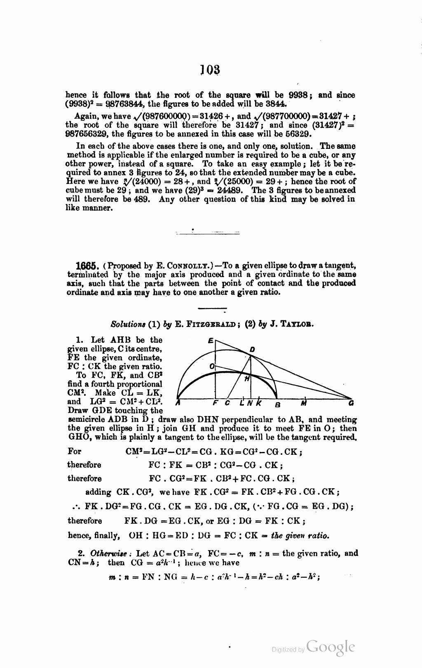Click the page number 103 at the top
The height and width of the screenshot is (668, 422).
click(x=211, y=71)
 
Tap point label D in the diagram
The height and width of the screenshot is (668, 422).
click(x=252, y=350)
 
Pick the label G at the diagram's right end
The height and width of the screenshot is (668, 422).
click(x=351, y=403)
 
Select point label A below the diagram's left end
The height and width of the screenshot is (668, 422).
click(x=178, y=403)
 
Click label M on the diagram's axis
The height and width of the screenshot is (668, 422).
click(x=304, y=403)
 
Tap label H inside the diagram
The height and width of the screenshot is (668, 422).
click(x=247, y=379)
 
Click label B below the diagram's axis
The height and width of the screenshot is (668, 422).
click(x=278, y=403)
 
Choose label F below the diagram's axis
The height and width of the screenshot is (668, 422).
click(x=215, y=403)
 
